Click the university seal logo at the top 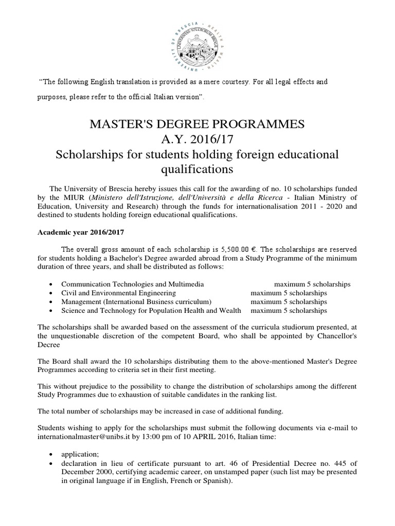pos(197,41)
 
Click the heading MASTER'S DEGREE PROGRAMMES pos(197,124)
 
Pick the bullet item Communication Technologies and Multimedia pos(132,284)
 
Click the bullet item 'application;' pos(77,455)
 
